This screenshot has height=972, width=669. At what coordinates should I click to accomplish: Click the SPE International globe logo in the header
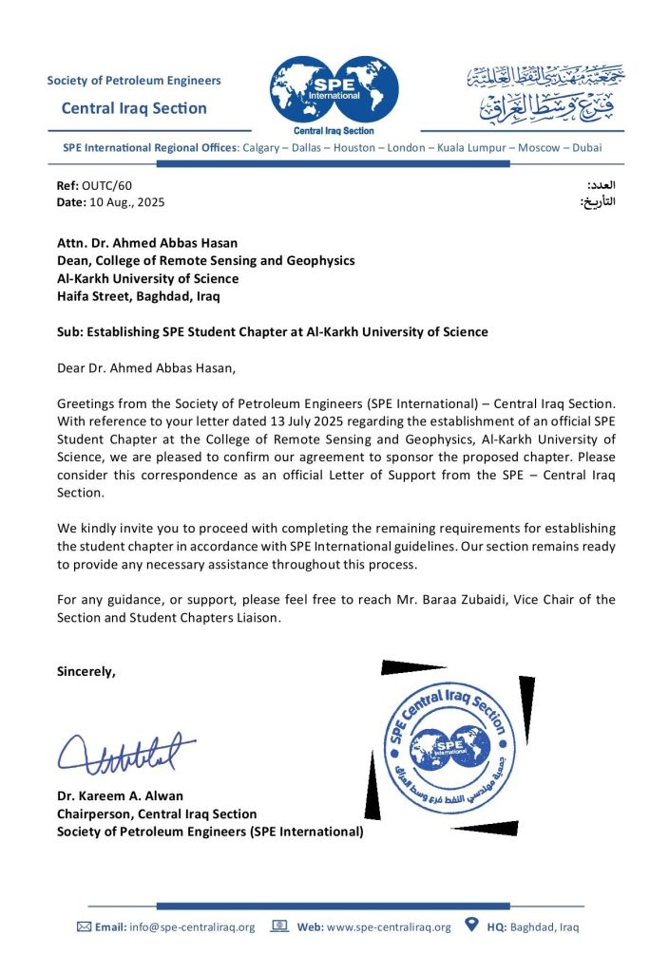[x=334, y=89]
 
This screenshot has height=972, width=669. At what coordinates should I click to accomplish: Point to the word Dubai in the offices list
[x=583, y=148]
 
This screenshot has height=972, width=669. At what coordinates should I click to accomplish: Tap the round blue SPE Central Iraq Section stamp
[x=450, y=746]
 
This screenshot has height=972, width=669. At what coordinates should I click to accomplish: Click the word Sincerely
[x=86, y=671]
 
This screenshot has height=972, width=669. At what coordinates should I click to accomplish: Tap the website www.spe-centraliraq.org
[x=389, y=927]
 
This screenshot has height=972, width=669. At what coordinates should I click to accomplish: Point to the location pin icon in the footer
[x=471, y=925]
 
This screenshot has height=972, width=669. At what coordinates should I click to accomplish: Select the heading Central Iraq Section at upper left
[x=134, y=108]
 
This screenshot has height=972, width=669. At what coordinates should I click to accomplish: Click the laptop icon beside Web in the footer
[x=279, y=926]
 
